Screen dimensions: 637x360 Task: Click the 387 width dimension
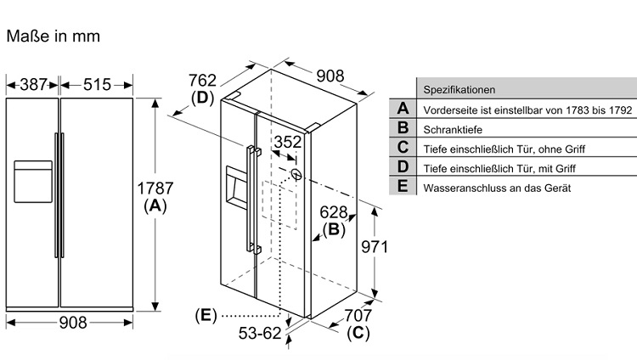(34, 85)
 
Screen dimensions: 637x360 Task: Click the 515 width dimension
(97, 85)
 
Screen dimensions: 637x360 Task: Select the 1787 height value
(155, 188)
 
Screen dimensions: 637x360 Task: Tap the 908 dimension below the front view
(73, 323)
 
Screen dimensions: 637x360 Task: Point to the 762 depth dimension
(202, 81)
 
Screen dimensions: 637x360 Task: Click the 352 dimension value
(288, 142)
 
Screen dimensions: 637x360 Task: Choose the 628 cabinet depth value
(334, 212)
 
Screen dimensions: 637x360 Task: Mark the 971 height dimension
(375, 246)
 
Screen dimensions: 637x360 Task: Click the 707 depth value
(358, 315)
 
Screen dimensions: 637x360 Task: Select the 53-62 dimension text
(260, 333)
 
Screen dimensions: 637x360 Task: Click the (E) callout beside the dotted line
(206, 315)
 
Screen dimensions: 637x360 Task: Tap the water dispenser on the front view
(33, 181)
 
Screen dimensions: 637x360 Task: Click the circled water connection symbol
(296, 174)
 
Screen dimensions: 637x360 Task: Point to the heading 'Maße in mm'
(54, 37)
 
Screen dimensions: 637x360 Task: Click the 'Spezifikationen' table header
(459, 90)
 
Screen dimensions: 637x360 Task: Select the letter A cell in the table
(403, 109)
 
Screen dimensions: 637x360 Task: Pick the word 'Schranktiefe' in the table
(453, 130)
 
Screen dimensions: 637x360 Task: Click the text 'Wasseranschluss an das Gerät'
(497, 188)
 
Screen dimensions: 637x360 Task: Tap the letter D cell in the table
(403, 166)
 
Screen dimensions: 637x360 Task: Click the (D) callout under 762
(202, 98)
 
